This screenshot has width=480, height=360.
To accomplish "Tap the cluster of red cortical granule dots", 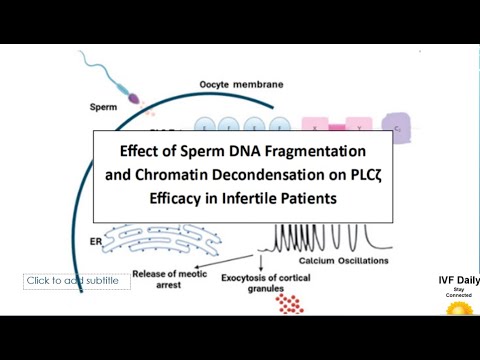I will [x=291, y=302].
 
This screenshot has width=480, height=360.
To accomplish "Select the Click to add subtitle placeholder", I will [x=73, y=281].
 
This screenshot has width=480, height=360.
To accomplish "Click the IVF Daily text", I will [x=459, y=281].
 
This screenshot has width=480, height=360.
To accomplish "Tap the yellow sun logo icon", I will [x=459, y=308].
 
